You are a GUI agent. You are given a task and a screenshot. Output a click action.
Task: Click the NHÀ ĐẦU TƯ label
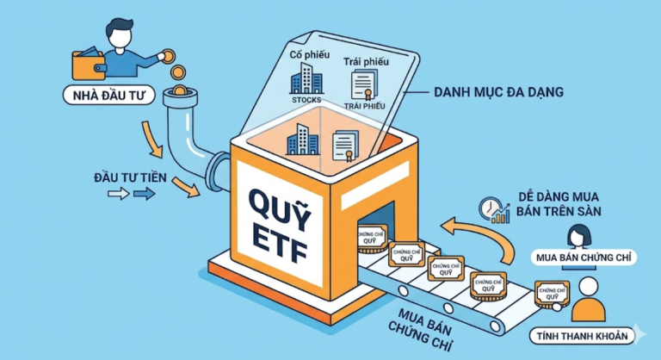coord(108,96)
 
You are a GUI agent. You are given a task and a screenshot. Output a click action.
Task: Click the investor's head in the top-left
coord(118,33)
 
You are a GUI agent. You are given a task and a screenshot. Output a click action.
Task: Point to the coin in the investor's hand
coord(168,56)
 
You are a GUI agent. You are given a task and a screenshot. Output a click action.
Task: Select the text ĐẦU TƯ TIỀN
coord(130,177)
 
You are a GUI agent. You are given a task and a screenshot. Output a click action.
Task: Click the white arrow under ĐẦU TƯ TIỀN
coord(119,194)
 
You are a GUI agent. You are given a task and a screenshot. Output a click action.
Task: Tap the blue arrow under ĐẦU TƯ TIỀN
coord(145,194)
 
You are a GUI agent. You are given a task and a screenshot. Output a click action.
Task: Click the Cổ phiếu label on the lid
coord(310,54)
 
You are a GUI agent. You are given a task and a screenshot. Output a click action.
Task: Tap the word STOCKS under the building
coord(306,100)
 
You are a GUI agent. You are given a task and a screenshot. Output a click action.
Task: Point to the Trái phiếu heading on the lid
coord(366,62)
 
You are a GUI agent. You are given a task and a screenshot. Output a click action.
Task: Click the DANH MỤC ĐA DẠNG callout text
coord(498,92)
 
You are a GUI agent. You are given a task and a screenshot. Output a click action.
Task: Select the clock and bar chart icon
coord(494,210)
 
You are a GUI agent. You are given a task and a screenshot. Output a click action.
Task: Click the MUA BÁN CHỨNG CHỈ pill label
coord(584,258)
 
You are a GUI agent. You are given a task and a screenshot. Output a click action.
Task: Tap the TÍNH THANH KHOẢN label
coord(582,337)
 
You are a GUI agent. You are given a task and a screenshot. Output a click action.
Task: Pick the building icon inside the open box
coord(303,140)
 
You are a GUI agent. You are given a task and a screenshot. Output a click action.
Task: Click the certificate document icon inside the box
coord(346,146)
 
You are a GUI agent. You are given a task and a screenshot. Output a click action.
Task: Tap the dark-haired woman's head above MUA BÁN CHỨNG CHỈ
coord(579,235)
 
